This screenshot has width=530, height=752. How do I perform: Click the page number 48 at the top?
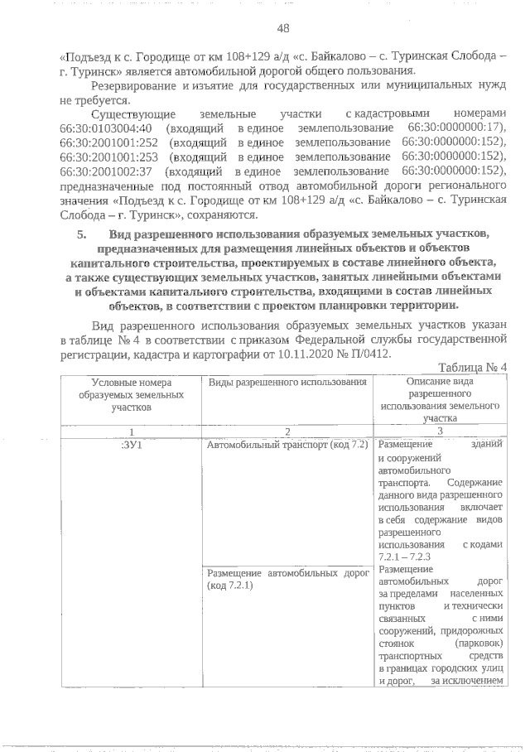point(282,28)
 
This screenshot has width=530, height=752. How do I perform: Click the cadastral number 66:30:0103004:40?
point(101,128)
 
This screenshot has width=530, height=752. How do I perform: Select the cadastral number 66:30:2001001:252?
point(101,142)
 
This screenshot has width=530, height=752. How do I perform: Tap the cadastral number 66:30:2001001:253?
point(101,157)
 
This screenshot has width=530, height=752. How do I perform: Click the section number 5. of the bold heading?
point(82,234)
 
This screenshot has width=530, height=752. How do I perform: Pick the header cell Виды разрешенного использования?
point(287,382)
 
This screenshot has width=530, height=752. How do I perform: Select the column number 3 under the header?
point(439,430)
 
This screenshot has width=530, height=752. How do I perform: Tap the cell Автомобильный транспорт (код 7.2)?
point(287,445)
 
